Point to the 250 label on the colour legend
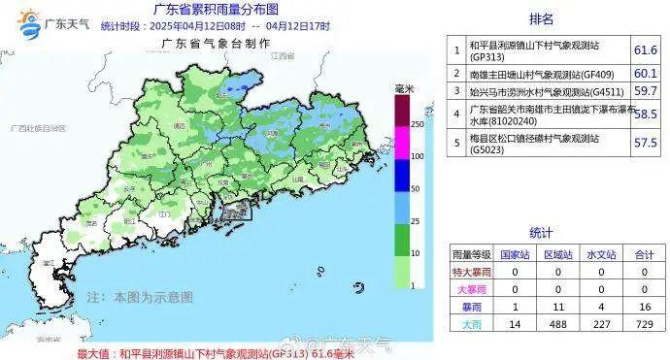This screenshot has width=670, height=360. coord(417,125)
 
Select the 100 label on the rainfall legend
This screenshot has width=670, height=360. coord(417,156)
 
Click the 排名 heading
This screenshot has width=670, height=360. coord(542,18)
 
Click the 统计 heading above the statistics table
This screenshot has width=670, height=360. coord(541,233)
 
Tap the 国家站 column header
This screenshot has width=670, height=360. coord(514,254)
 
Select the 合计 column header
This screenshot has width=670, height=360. coord(642,254)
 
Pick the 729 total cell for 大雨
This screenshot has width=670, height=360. coord(642,322)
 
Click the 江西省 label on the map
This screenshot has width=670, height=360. coord(283,58)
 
